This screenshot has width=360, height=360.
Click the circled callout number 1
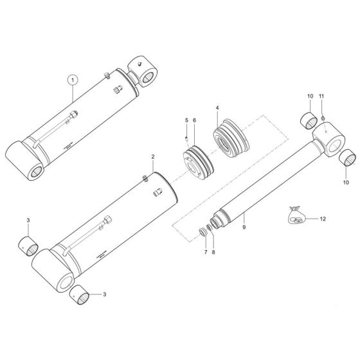pyautogui.click(x=73, y=80)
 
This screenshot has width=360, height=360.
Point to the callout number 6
pyautogui.click(x=195, y=121)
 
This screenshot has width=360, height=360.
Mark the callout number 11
pyautogui.click(x=322, y=97)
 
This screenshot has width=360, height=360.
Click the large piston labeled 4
pyautogui.click(x=230, y=140)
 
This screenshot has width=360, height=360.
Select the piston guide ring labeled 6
pyautogui.click(x=194, y=163)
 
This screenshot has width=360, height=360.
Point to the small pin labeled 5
pyautogui.click(x=187, y=136)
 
